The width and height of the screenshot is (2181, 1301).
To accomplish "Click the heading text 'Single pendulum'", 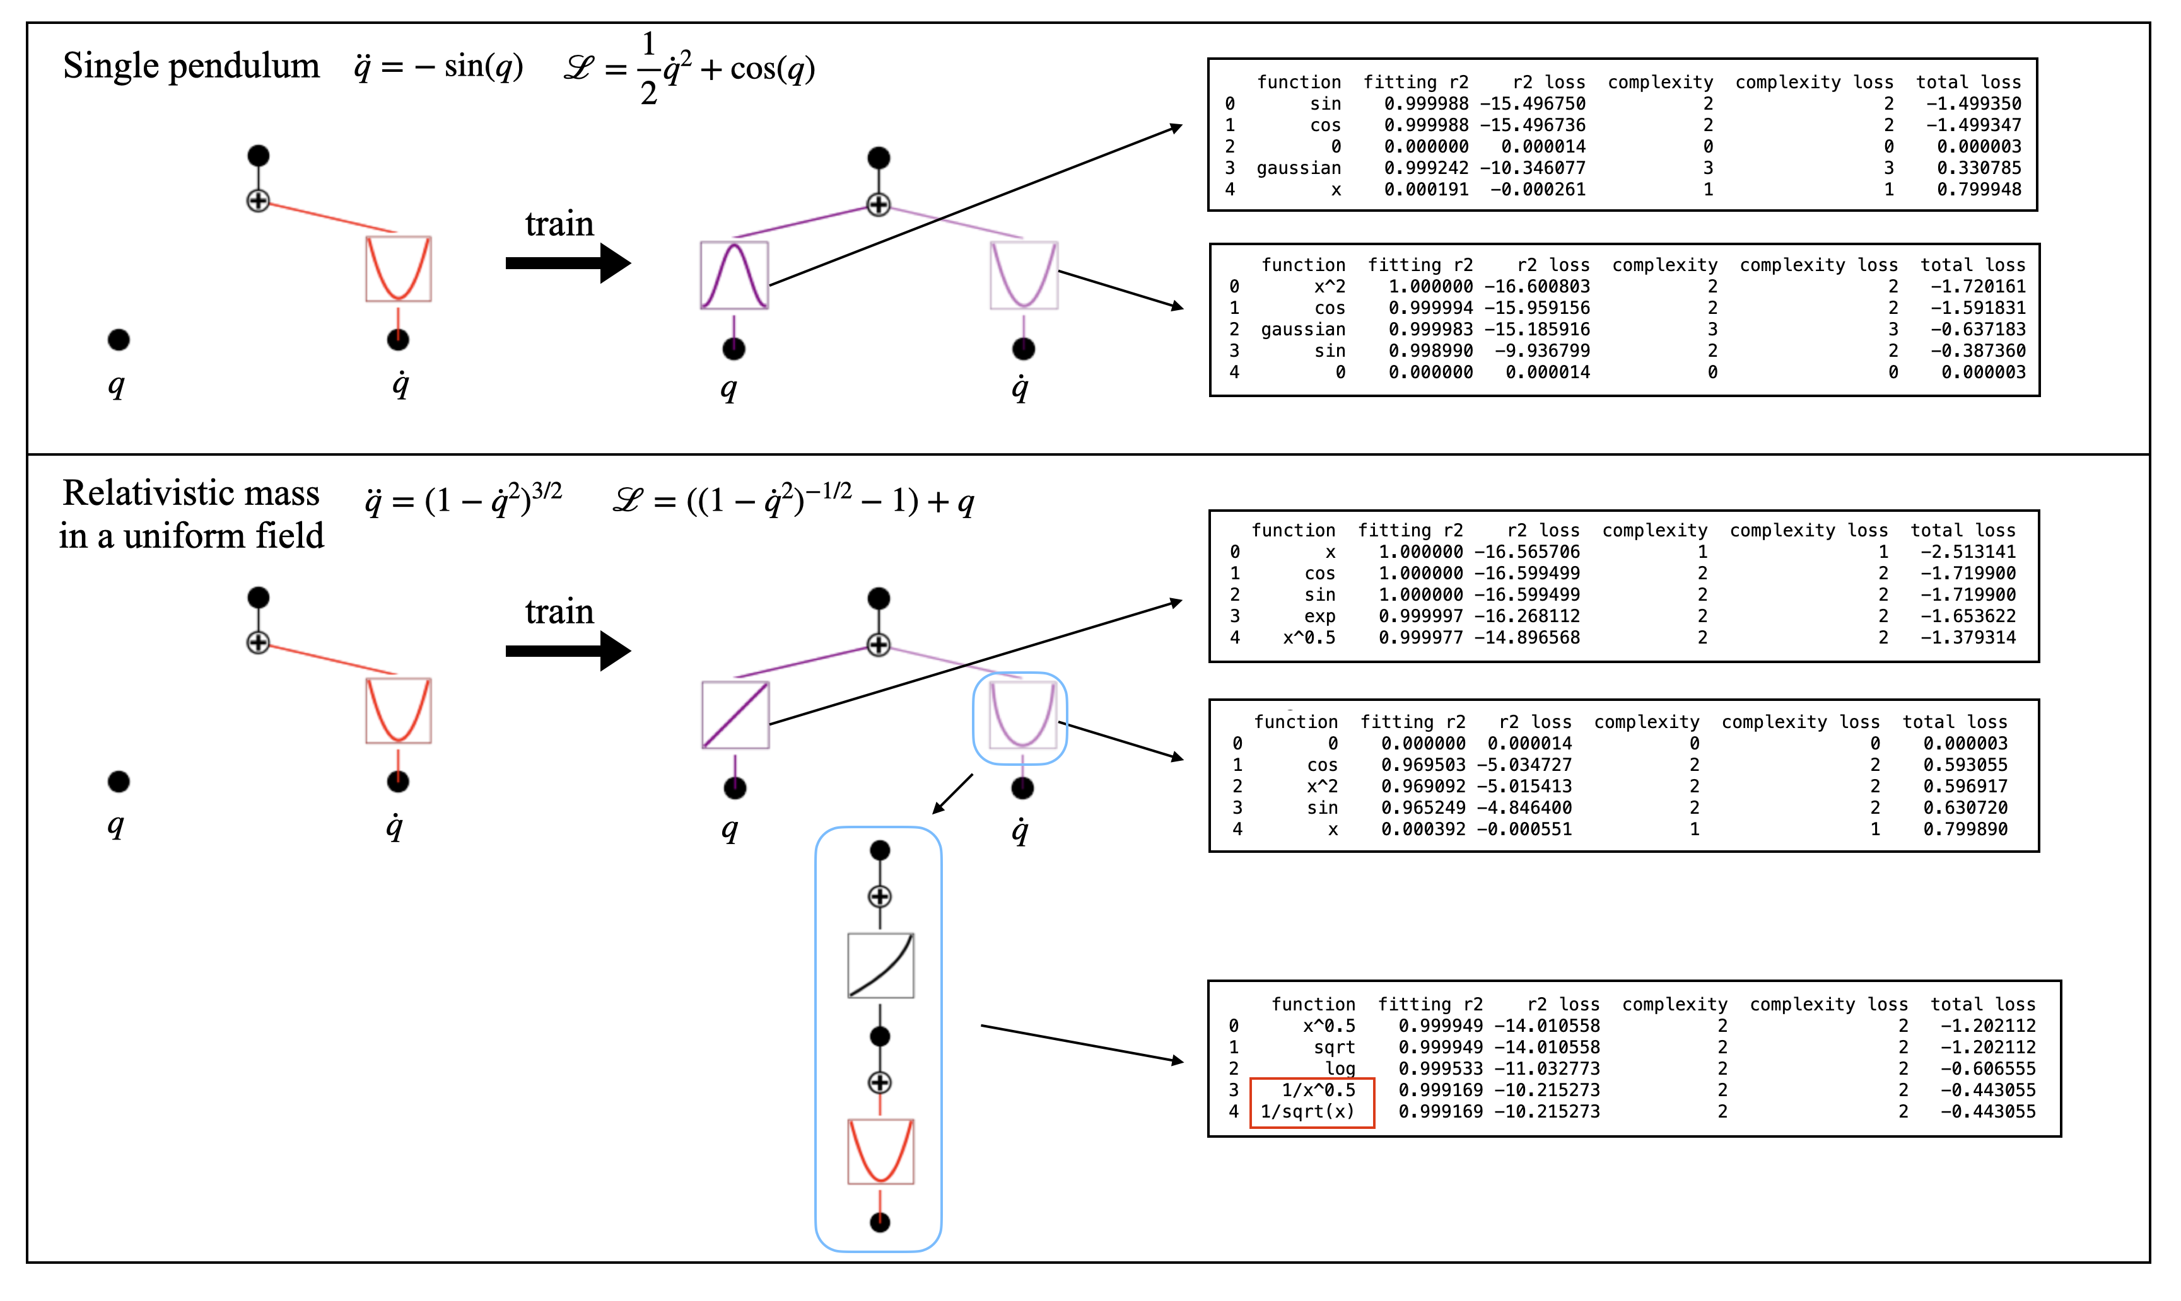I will click(x=191, y=67).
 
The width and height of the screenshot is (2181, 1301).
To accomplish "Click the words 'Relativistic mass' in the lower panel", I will click(x=191, y=494).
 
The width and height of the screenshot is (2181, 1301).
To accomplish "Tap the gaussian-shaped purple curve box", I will click(x=734, y=275).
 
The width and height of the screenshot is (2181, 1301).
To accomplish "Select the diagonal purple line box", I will click(x=735, y=715).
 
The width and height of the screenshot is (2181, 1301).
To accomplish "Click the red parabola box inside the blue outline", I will click(x=880, y=1151).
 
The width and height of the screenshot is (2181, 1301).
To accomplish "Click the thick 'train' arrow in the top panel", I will click(x=568, y=263).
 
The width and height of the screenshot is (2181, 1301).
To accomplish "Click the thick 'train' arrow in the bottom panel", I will click(x=568, y=650).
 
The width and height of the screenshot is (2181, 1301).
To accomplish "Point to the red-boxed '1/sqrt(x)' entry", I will click(x=1307, y=1112).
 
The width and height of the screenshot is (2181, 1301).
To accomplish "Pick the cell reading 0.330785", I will click(x=1979, y=168).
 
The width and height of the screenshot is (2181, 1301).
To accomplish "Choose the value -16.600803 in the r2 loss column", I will click(x=1536, y=287).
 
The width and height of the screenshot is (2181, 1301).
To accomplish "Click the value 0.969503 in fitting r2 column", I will click(x=1422, y=765).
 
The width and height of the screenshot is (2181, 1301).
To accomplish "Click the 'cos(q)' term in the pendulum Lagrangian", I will click(x=772, y=68).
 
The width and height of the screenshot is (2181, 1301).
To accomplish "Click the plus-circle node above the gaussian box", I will click(x=878, y=205).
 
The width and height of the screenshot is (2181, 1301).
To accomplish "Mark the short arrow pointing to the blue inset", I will click(x=952, y=794).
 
